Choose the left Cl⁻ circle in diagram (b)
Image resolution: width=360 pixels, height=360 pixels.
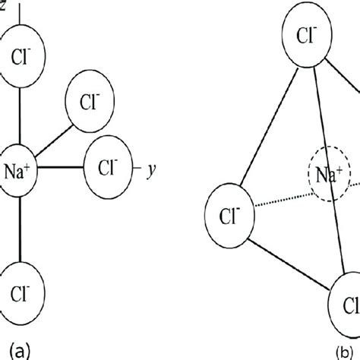[228, 211]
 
